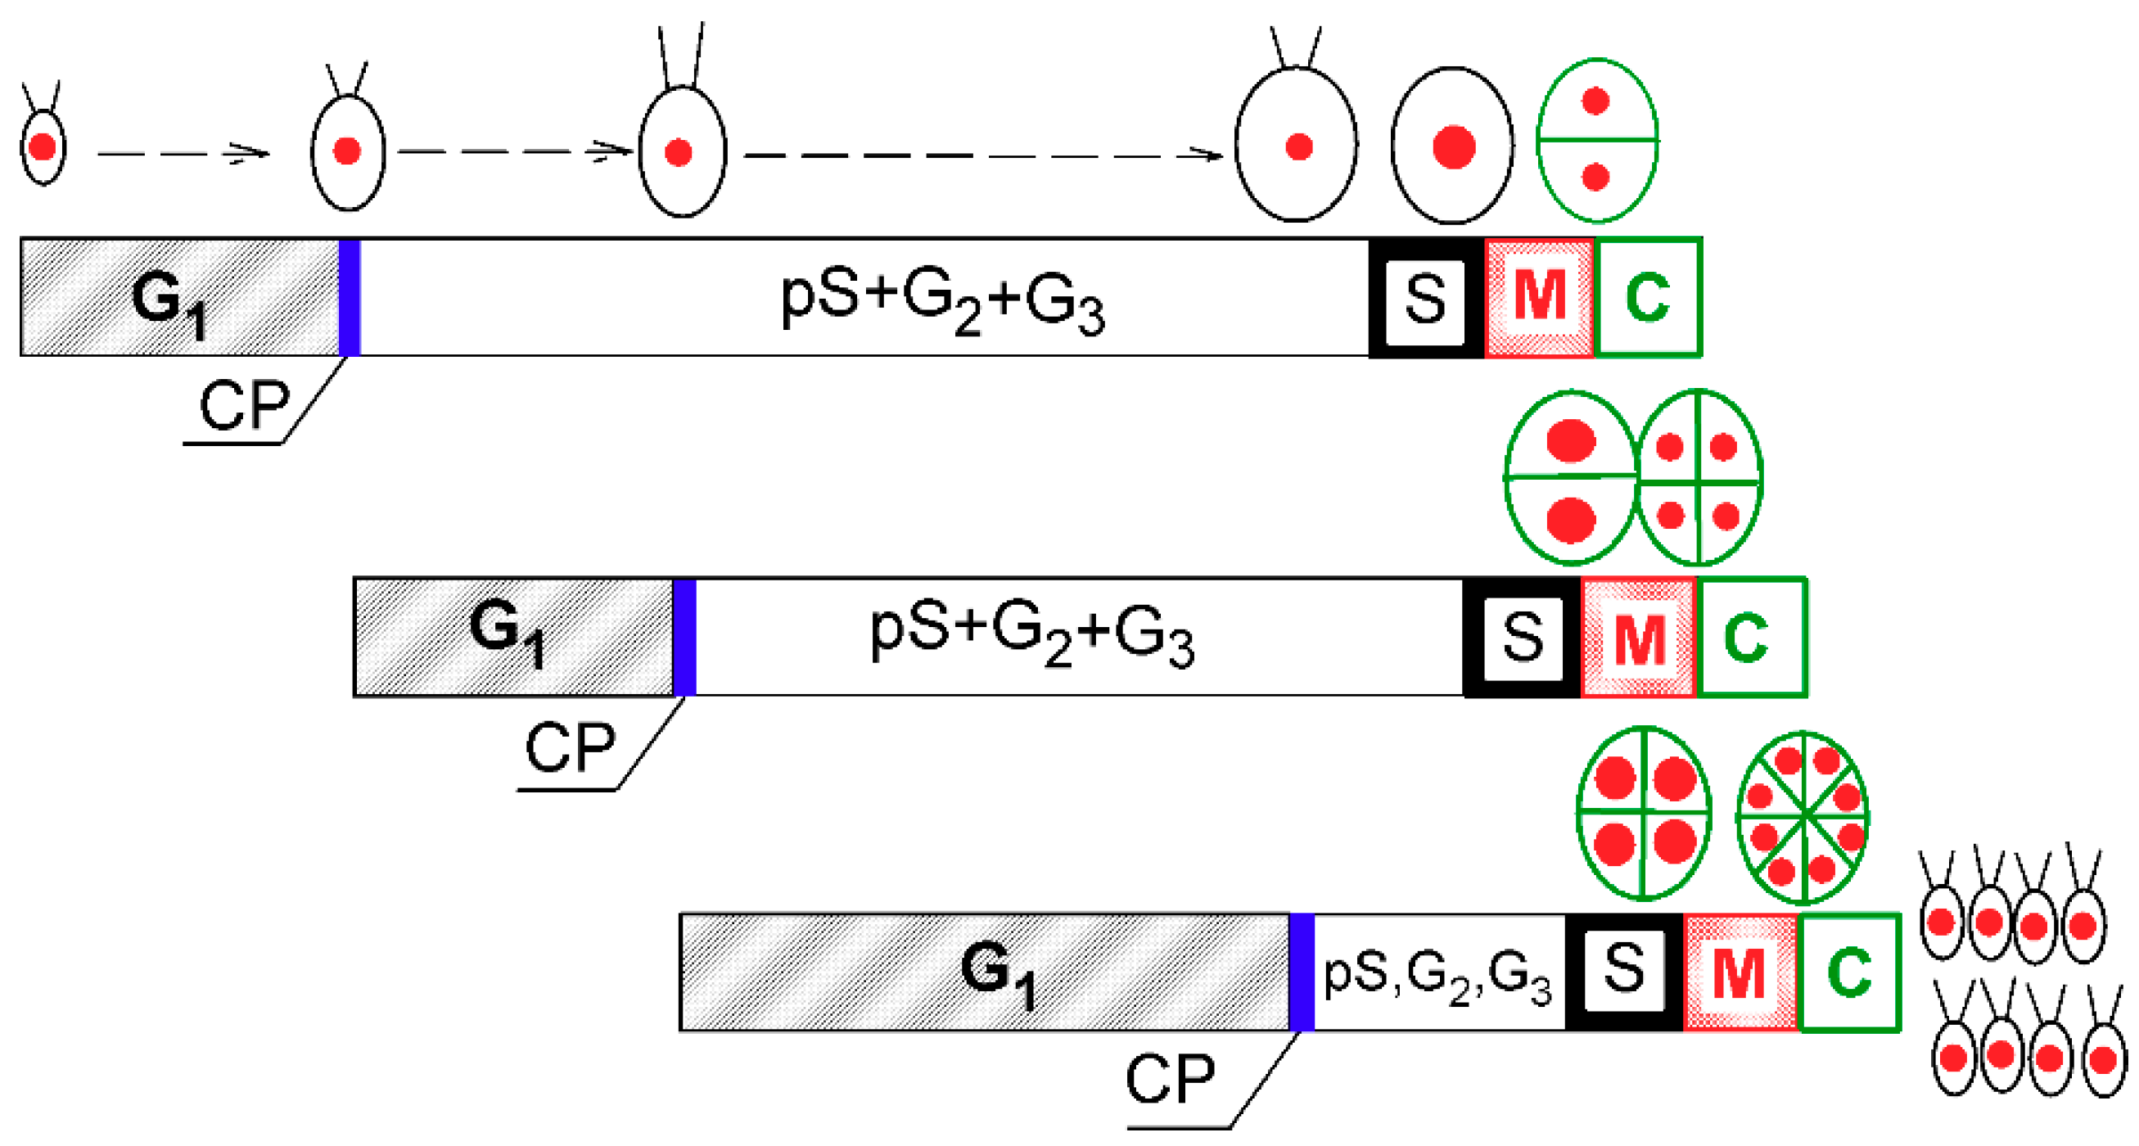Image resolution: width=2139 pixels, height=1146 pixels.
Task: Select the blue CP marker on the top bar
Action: tap(350, 297)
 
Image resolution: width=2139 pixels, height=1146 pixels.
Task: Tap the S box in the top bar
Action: tap(1426, 298)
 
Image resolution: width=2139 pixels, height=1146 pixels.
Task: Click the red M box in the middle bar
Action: tap(1638, 638)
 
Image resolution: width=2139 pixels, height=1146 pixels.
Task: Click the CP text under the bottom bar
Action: tap(1169, 1080)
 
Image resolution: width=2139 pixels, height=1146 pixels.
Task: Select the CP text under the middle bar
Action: tap(570, 747)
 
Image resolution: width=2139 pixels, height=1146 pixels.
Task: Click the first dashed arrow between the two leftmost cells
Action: tap(183, 154)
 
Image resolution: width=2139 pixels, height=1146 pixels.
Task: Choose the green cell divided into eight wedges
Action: tap(1803, 817)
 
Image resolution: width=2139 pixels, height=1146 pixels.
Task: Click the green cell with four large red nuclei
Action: tap(1643, 813)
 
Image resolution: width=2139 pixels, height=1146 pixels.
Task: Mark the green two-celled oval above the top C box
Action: tap(1597, 140)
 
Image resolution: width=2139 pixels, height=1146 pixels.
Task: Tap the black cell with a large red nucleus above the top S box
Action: tap(1452, 147)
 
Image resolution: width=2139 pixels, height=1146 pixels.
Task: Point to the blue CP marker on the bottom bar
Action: tap(1302, 972)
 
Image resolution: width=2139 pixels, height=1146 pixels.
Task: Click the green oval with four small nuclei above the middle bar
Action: tap(1699, 479)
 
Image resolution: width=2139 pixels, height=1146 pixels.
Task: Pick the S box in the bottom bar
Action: tap(1623, 970)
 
